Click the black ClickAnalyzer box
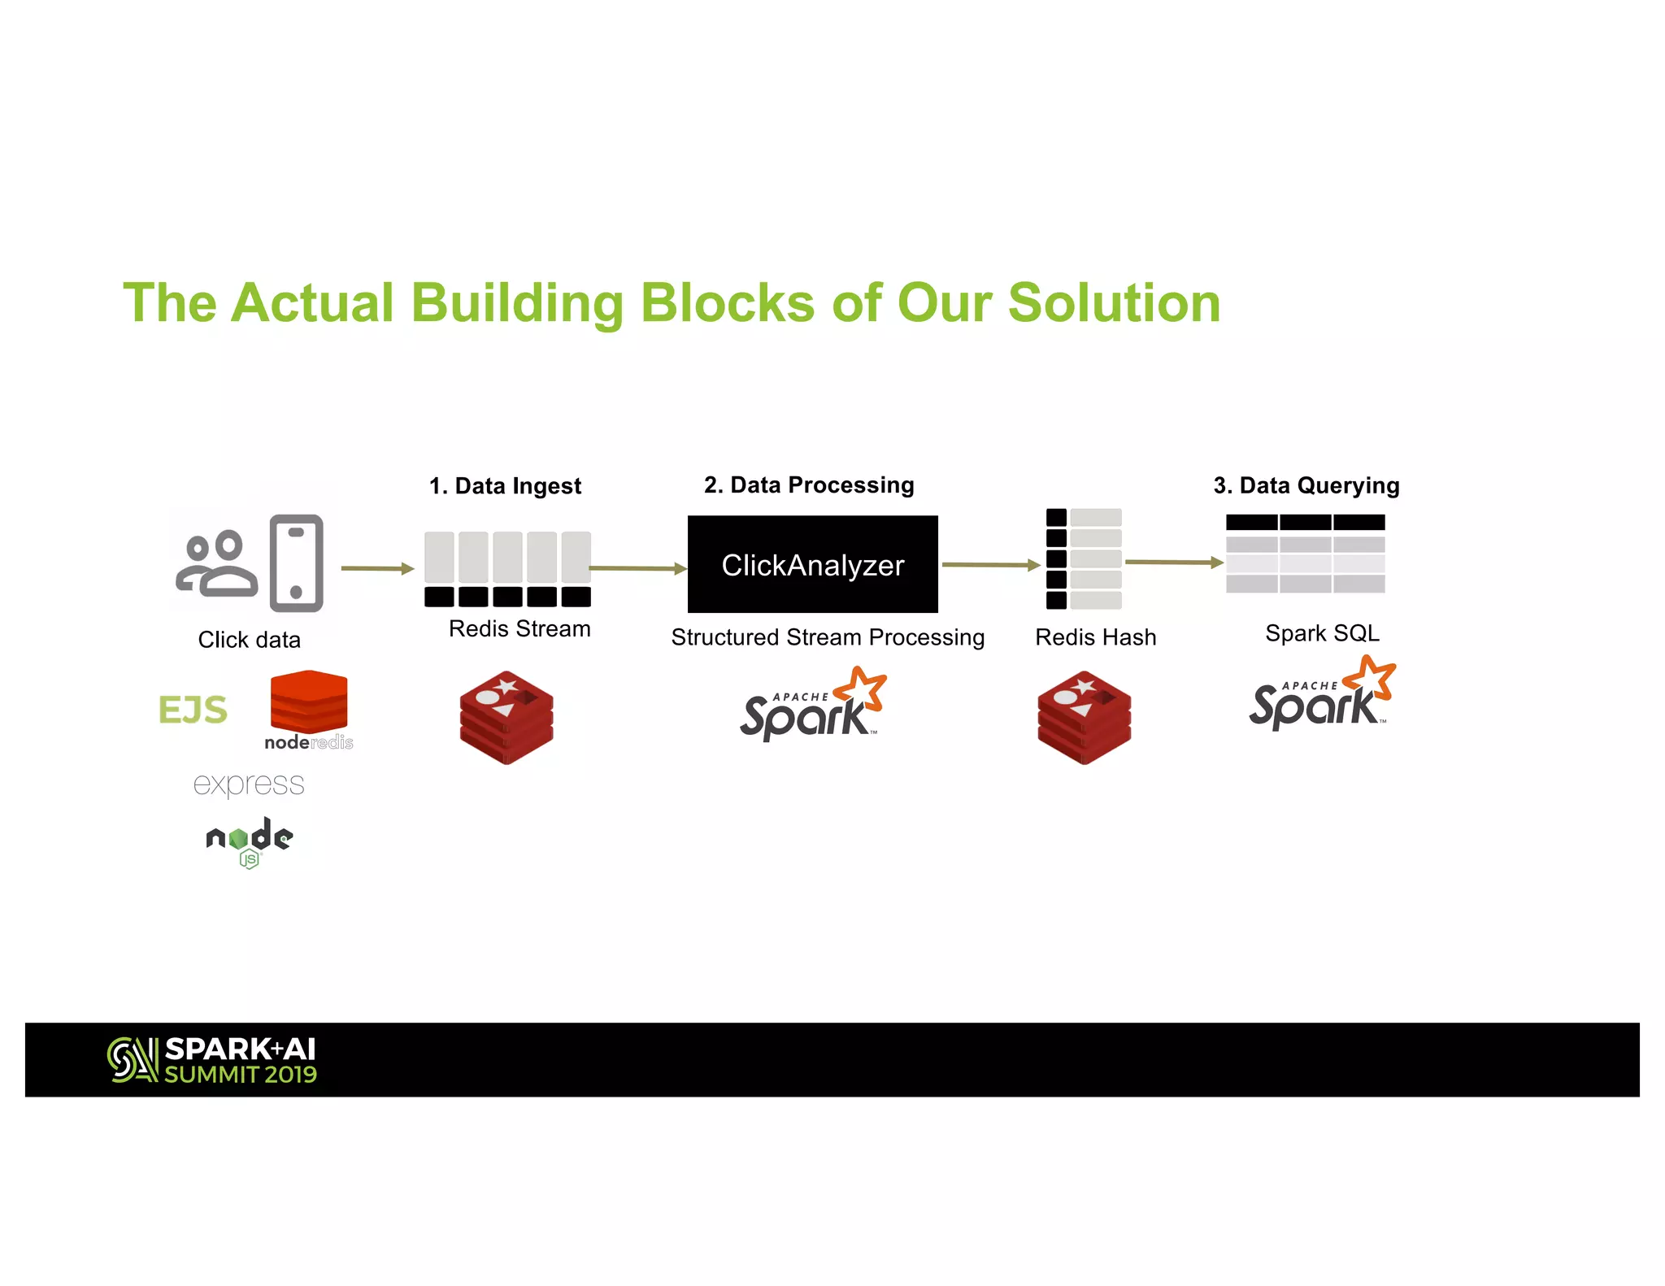pyautogui.click(x=812, y=564)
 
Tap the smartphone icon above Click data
pyautogui.click(x=297, y=563)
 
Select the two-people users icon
pyautogui.click(x=217, y=564)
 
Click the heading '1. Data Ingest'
pyautogui.click(x=505, y=486)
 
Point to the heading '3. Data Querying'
pyautogui.click(x=1306, y=485)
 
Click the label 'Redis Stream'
pyautogui.click(x=519, y=629)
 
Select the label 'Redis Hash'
pyautogui.click(x=1095, y=637)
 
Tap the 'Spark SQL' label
pyautogui.click(x=1322, y=633)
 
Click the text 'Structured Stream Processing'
pyautogui.click(x=828, y=637)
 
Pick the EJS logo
pyautogui.click(x=193, y=710)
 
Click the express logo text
pyautogui.click(x=249, y=784)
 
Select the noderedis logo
pyautogui.click(x=309, y=710)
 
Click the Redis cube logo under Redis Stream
pyautogui.click(x=506, y=717)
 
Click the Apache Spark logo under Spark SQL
pyautogui.click(x=1321, y=695)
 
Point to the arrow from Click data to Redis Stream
pyautogui.click(x=377, y=568)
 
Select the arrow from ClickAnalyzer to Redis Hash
pyautogui.click(x=990, y=564)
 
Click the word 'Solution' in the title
pyautogui.click(x=1114, y=303)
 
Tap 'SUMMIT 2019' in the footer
pyautogui.click(x=241, y=1075)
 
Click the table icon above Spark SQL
pyautogui.click(x=1305, y=554)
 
